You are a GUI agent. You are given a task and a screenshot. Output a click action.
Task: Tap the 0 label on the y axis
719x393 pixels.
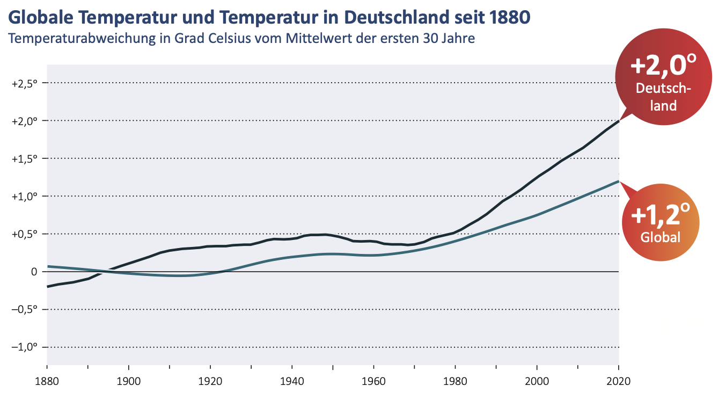pos(33,272)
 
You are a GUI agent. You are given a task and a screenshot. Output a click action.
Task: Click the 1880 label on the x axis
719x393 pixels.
pos(47,382)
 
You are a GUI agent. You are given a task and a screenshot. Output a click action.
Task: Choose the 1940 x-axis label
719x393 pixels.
pos(292,382)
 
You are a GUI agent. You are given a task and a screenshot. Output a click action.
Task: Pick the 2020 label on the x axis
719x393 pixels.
pos(618,382)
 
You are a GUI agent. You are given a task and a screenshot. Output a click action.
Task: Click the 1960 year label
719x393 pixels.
pos(373,382)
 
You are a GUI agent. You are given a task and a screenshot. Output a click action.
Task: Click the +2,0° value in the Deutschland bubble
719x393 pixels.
pos(663,66)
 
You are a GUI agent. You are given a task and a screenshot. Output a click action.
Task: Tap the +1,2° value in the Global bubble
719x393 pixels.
pos(661,215)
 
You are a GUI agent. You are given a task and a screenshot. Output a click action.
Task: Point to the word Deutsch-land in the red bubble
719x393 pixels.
pos(663,97)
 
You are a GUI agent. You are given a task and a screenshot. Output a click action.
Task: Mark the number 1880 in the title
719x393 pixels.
pos(512,18)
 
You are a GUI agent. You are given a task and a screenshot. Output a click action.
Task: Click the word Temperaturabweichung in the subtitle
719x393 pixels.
pos(81,39)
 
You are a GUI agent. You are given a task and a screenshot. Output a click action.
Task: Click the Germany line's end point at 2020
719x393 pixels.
pos(619,121)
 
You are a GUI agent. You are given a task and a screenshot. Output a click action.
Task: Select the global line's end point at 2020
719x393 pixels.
pos(619,181)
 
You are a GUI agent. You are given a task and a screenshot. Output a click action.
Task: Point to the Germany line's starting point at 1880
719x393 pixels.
pos(48,287)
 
